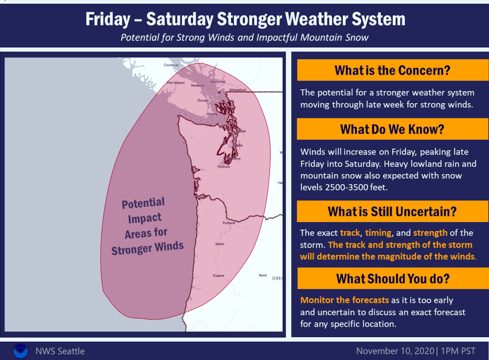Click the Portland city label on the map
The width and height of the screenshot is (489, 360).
coord(229,223)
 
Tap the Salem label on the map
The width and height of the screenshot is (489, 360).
coord(219,244)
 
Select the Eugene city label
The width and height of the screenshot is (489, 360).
coord(219,275)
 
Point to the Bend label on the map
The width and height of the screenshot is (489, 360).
coord(262,275)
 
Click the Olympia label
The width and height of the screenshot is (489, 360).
coord(223,166)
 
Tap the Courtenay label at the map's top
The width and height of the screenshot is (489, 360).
coord(171,65)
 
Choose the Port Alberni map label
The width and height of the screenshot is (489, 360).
coord(176,83)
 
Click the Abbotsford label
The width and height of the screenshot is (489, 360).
coord(237,90)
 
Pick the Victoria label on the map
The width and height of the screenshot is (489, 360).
coord(211,114)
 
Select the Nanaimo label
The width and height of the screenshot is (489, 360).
coord(198,85)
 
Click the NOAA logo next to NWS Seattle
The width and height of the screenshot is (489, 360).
coord(20,351)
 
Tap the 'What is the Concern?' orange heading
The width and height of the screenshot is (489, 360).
coord(392,70)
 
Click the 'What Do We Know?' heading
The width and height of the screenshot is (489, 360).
coord(392,129)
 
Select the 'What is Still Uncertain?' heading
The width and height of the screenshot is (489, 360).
coord(392,211)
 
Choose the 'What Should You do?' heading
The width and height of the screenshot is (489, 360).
coord(392,278)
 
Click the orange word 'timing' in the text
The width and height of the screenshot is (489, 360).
coord(378,233)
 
